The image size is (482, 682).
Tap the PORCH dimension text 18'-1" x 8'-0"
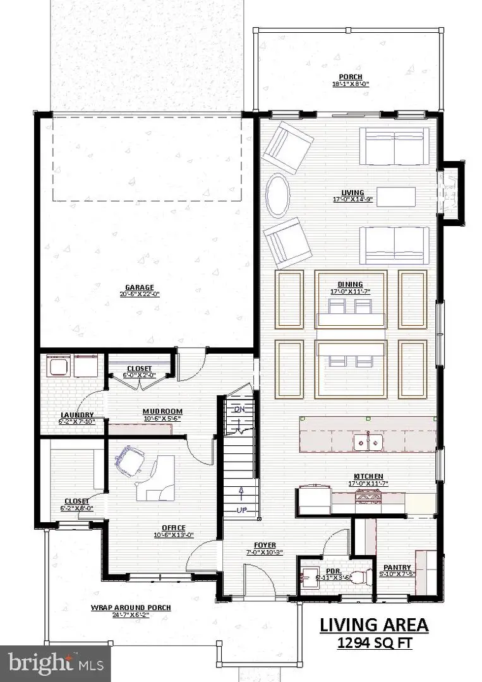(x=346, y=84)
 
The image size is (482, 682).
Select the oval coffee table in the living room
(x=277, y=195)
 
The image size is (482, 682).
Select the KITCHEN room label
(x=370, y=476)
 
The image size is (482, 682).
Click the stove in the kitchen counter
(x=369, y=498)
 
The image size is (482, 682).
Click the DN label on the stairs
(x=239, y=409)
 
